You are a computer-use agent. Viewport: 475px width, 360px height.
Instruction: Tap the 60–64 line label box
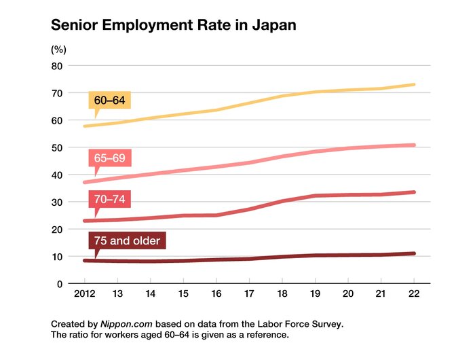pyautogui.click(x=109, y=100)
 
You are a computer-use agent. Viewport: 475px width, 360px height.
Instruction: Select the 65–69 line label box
pyautogui.click(x=109, y=158)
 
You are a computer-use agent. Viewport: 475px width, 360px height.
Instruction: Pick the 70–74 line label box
pyautogui.click(x=109, y=199)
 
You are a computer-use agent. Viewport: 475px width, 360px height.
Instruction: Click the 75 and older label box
pyautogui.click(x=127, y=240)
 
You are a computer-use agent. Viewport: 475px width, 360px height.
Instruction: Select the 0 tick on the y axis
pyautogui.click(x=60, y=283)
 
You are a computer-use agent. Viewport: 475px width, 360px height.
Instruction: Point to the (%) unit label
pyautogui.click(x=58, y=50)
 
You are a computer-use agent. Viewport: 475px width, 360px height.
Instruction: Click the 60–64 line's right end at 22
pyautogui.click(x=414, y=85)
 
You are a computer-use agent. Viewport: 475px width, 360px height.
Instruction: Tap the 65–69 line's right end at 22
pyautogui.click(x=414, y=145)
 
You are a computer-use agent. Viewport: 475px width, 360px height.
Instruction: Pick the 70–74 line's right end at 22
pyautogui.click(x=414, y=192)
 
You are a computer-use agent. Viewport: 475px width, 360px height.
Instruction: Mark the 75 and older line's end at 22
pyautogui.click(x=414, y=253)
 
